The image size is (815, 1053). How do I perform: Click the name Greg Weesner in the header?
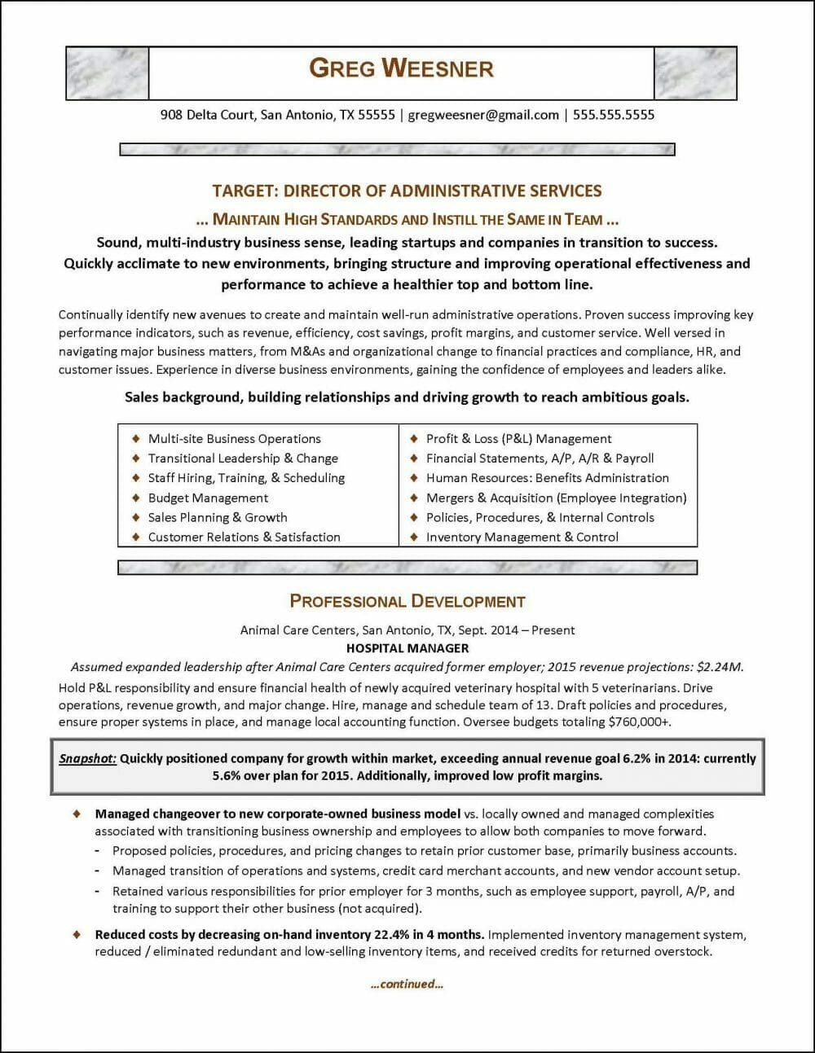401,68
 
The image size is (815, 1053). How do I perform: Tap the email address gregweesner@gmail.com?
482,115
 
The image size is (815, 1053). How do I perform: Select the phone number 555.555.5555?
613,115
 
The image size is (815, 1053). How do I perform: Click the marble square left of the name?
107,73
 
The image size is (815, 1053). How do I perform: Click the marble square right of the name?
695,73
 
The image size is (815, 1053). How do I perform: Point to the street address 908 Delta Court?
208,115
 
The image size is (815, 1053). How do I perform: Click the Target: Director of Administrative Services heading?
407,191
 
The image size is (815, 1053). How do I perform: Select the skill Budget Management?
208,498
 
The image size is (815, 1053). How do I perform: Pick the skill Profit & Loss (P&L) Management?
518,439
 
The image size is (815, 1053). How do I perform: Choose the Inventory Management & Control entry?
522,537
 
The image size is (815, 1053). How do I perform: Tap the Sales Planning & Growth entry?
218,518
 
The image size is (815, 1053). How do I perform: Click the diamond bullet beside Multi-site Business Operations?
136,439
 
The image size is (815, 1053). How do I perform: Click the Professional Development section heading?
407,602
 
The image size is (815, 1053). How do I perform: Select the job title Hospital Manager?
407,648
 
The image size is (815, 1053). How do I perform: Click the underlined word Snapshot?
88,758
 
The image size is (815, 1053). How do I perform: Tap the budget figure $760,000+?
640,722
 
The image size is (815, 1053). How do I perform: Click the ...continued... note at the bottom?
407,984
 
